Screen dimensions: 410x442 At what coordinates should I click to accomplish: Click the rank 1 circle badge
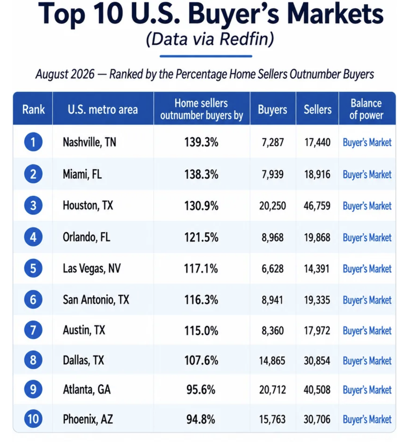(x=33, y=142)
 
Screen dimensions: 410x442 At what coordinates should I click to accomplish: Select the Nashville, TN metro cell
(x=90, y=142)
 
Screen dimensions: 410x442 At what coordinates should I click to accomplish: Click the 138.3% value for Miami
(x=201, y=174)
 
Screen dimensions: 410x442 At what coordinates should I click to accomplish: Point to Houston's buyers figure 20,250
(x=273, y=205)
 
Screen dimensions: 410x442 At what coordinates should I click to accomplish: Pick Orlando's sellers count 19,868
(x=317, y=237)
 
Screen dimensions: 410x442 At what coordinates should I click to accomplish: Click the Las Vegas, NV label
(x=92, y=268)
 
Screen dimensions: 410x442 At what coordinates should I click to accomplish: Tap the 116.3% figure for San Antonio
(x=201, y=299)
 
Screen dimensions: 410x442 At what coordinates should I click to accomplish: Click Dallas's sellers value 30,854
(x=317, y=360)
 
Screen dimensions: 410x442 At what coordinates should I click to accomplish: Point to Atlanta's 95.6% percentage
(x=201, y=390)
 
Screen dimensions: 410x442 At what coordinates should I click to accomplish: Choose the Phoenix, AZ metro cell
(x=88, y=419)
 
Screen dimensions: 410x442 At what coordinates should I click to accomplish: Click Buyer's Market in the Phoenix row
(x=367, y=419)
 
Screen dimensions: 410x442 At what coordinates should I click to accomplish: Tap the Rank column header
(x=34, y=110)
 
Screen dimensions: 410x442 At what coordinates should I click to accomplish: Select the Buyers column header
(x=273, y=110)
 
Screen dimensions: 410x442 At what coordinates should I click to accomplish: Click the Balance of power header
(x=366, y=109)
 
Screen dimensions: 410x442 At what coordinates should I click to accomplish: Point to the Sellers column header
(x=318, y=110)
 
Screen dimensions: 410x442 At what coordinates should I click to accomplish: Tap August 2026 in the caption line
(x=65, y=74)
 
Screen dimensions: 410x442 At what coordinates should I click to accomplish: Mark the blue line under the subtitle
(x=206, y=56)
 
